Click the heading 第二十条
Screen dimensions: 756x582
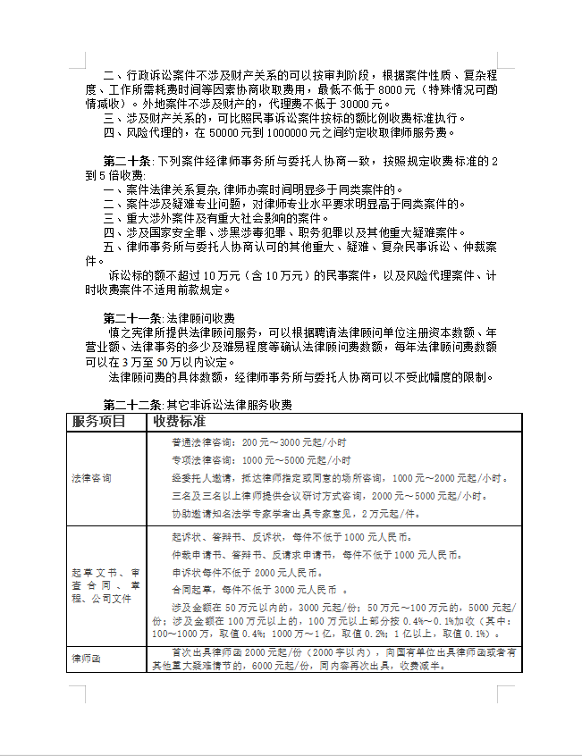click(129, 162)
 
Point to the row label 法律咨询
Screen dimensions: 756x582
click(91, 478)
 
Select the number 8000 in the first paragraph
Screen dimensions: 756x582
click(393, 90)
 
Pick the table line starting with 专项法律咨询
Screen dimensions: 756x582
click(260, 461)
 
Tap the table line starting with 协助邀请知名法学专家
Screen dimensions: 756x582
click(295, 515)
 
